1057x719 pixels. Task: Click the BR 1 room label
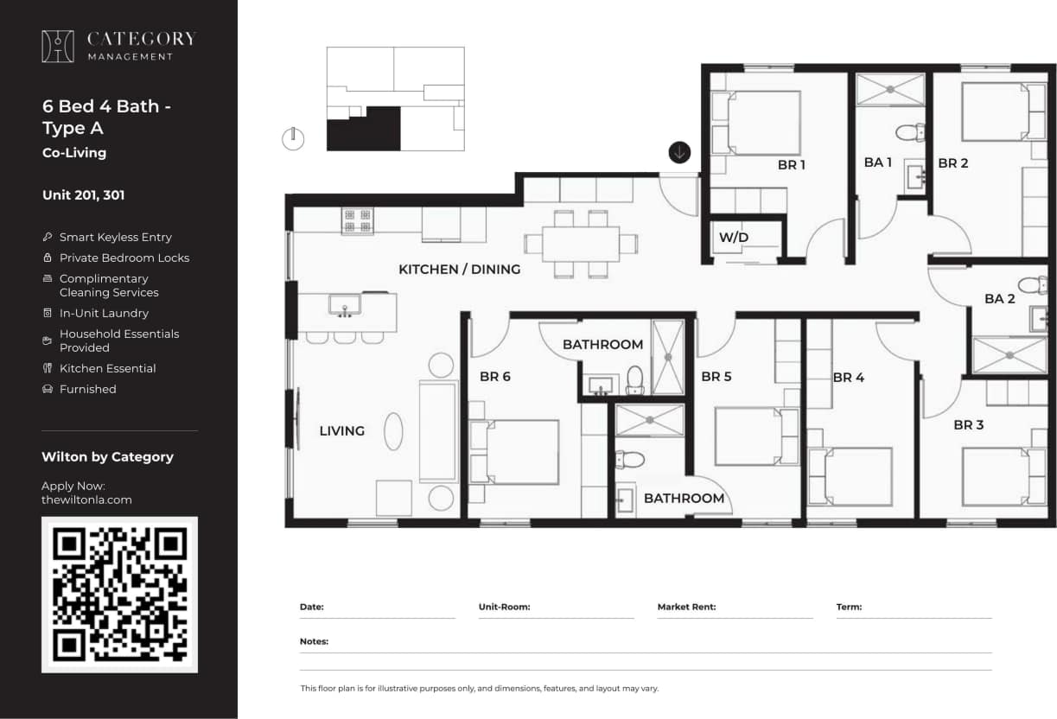coord(791,164)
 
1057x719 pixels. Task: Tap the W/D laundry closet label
coord(734,238)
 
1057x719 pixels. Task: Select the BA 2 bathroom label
coord(999,299)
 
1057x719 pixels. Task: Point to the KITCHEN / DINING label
coord(459,270)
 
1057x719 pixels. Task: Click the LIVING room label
coord(341,430)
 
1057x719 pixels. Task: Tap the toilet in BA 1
coord(909,132)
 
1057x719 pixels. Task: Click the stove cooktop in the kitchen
coord(357,220)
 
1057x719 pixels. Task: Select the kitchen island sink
coord(345,305)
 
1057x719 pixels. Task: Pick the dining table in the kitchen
coord(580,244)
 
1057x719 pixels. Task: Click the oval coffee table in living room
coord(393,430)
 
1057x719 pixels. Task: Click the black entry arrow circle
coord(679,152)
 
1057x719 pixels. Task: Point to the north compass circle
coord(293,138)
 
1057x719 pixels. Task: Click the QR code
coord(119,595)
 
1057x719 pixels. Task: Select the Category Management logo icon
coord(58,47)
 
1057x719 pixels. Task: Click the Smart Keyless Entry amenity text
coord(115,237)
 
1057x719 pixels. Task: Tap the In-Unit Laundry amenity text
coord(104,313)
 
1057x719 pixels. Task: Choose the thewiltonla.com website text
coord(86,499)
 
